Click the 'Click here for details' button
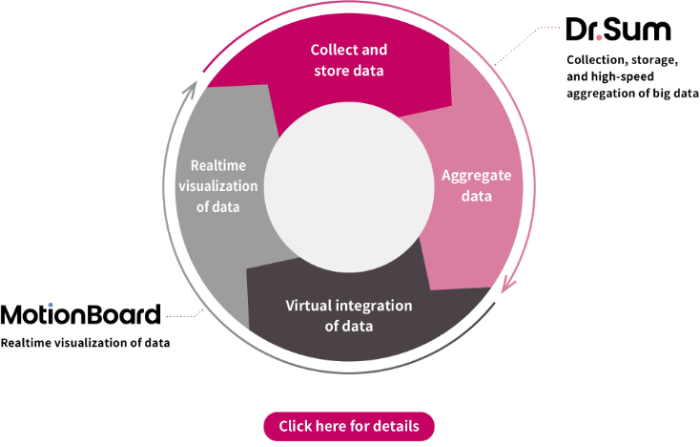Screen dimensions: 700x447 349,426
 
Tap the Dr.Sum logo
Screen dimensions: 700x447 618,30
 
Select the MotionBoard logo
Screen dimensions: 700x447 80,314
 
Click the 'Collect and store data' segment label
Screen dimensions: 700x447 349,60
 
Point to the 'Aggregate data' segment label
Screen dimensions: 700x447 476,185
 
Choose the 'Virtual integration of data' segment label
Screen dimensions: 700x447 349,315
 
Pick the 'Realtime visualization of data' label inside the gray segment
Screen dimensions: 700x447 217,186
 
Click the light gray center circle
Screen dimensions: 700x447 349,187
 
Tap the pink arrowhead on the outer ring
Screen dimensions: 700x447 507,286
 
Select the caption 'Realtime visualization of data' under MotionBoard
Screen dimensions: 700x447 85,343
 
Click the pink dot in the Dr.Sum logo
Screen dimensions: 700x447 599,37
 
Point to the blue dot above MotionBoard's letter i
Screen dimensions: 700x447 51,305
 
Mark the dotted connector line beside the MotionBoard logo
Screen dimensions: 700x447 185,314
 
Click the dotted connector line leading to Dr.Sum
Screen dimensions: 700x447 525,44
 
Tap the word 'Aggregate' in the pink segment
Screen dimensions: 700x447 476,176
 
